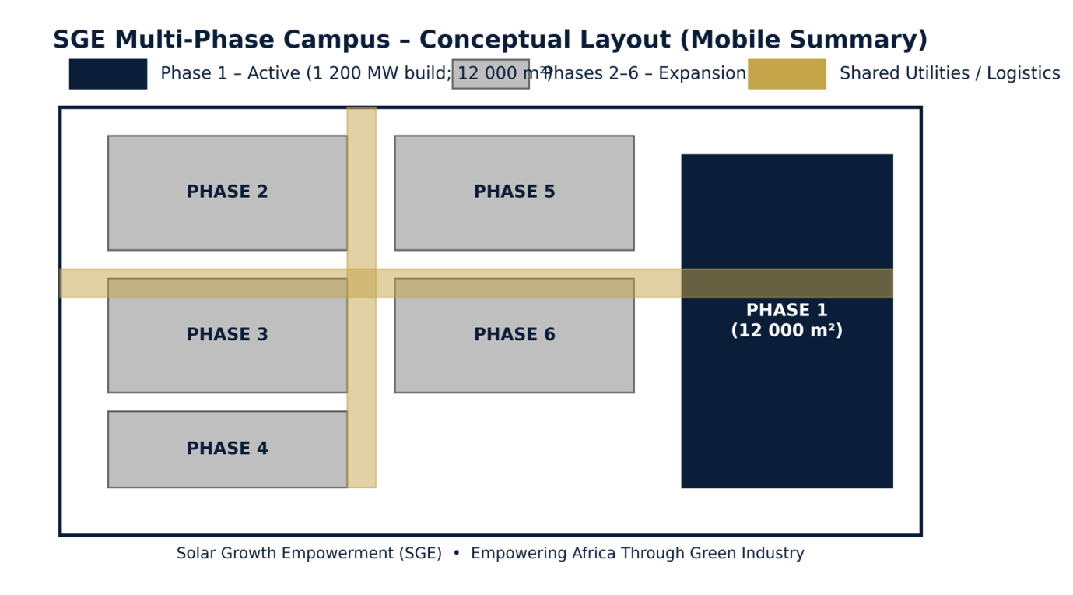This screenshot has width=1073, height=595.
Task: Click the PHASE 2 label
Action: coord(227,192)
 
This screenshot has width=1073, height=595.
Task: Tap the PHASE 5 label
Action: coord(514,192)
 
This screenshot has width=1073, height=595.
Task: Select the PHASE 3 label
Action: coord(227,335)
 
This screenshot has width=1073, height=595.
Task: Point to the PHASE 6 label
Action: coord(514,335)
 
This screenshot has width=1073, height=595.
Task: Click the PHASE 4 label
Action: coord(227,449)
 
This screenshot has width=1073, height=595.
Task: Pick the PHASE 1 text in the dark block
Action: coord(787,311)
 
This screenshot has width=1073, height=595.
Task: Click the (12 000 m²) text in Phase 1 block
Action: coord(787,331)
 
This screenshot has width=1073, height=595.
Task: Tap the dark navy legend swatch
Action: coord(107,74)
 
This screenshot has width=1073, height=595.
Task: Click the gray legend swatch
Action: coord(490,74)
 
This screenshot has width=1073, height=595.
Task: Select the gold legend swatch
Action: coord(787,74)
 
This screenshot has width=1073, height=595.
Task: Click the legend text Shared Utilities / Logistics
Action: coord(949,74)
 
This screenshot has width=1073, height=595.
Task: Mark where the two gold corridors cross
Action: coord(361,283)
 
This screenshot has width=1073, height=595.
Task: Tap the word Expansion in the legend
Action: coord(703,74)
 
